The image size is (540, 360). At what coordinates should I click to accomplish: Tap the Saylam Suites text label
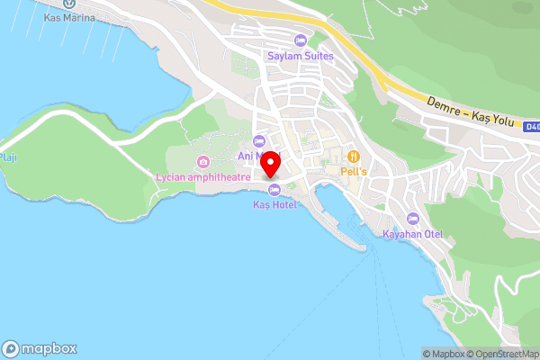[x=301, y=56]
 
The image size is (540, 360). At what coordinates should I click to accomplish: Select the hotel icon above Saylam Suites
[x=301, y=40]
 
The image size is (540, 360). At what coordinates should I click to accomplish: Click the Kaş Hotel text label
[x=274, y=205]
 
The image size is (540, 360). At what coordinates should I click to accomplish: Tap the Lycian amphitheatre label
[x=204, y=176]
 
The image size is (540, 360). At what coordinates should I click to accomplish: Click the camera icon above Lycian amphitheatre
[x=204, y=162]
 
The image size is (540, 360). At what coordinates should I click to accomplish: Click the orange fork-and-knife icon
[x=354, y=155]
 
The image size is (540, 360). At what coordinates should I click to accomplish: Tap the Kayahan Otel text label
[x=413, y=235]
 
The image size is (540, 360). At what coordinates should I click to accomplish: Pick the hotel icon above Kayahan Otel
[x=413, y=219]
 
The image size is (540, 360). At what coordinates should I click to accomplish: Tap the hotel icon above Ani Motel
[x=259, y=140]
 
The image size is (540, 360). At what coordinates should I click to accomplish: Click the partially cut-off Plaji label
[x=8, y=158]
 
